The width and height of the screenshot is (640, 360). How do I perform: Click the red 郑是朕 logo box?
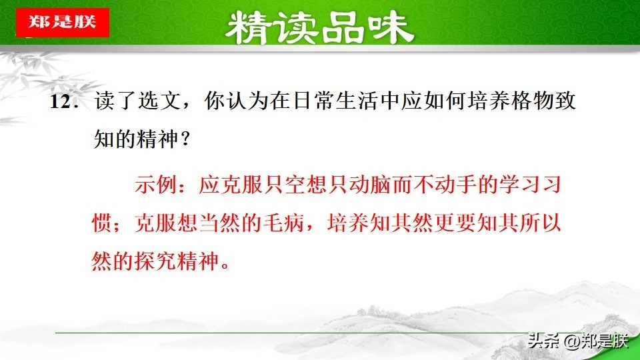pos(63,23)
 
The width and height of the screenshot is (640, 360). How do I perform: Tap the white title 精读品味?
pos(319,28)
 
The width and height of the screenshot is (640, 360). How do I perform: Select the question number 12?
pos(60,101)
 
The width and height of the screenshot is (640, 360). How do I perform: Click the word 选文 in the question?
pos(159,101)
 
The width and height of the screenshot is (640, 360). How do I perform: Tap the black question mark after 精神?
pos(185,139)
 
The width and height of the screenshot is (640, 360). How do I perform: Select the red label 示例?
pos(155,185)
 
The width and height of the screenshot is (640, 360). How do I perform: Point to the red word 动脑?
pos(369,185)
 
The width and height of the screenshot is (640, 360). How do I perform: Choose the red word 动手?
pos(455,185)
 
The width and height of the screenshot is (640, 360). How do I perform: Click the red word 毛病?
pos(284,223)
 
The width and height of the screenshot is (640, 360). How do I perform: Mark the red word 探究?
pos(155,261)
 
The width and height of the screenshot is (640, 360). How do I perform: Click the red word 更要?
pos(455,223)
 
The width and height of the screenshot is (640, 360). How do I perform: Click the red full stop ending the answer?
pos(225,265)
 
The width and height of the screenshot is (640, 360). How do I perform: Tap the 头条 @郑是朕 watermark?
pos(577,341)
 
